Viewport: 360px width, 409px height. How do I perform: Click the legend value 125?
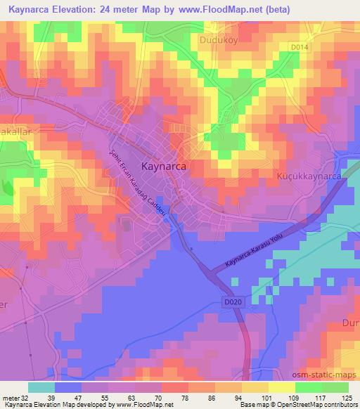point(348,396)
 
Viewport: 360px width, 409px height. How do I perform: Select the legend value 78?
point(184,396)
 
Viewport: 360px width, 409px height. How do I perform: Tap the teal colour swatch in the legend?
point(41,387)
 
